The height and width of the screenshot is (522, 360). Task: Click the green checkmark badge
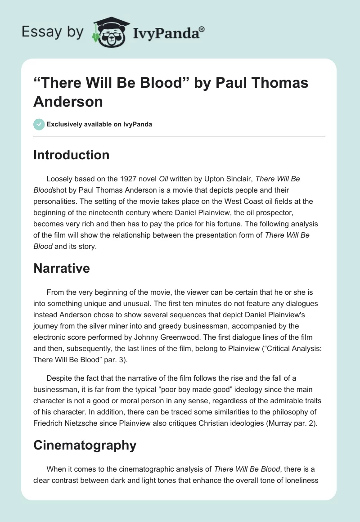click(39, 124)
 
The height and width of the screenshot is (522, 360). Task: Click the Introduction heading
click(71, 155)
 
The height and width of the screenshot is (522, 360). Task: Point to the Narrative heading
click(61, 269)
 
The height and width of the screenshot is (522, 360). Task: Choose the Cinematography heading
click(85, 445)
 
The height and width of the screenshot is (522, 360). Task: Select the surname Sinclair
click(238, 179)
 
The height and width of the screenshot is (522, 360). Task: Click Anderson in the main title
click(68, 101)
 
